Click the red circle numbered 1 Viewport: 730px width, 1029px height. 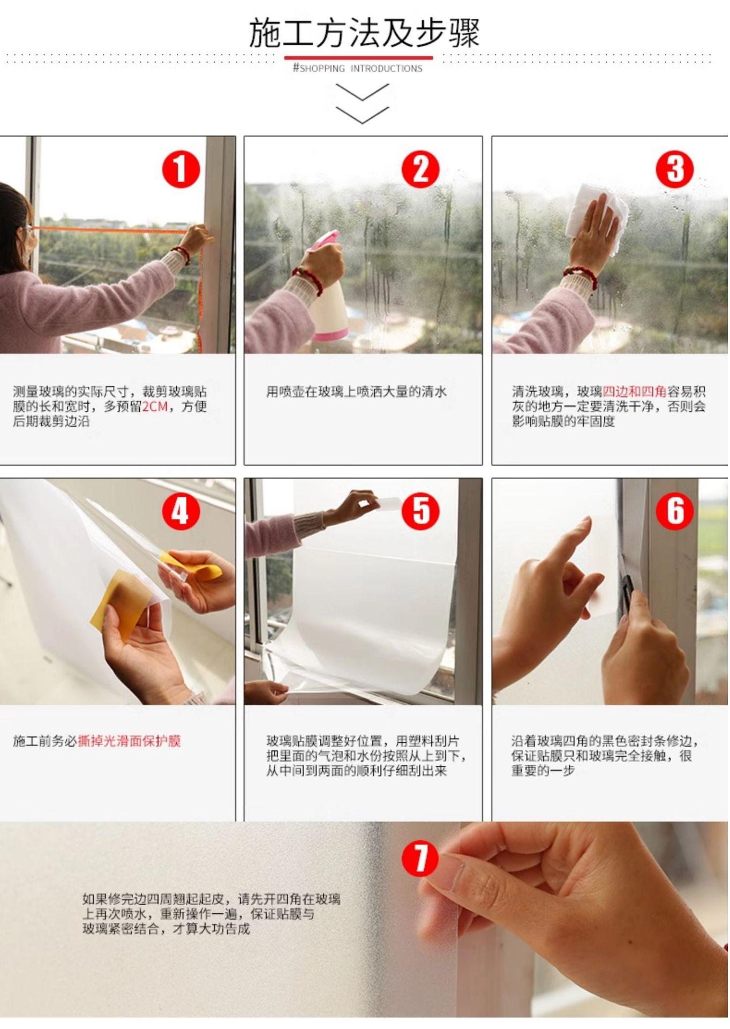coord(181,169)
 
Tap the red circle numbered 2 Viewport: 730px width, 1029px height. coord(421,169)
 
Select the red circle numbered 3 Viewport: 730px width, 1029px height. coord(675,169)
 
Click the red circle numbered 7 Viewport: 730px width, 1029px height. coord(421,857)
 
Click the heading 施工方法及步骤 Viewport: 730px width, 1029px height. coord(364,33)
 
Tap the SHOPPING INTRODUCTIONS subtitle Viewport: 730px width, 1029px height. coord(358,68)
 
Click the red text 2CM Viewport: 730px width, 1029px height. coord(155,406)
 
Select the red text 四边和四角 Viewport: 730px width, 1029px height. coord(635,391)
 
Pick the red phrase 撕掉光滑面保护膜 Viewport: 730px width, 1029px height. coord(129,741)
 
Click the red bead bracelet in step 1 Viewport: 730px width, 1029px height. coord(182,255)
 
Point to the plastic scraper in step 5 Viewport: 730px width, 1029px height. coord(390,504)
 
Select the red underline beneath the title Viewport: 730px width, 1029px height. coord(358,57)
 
